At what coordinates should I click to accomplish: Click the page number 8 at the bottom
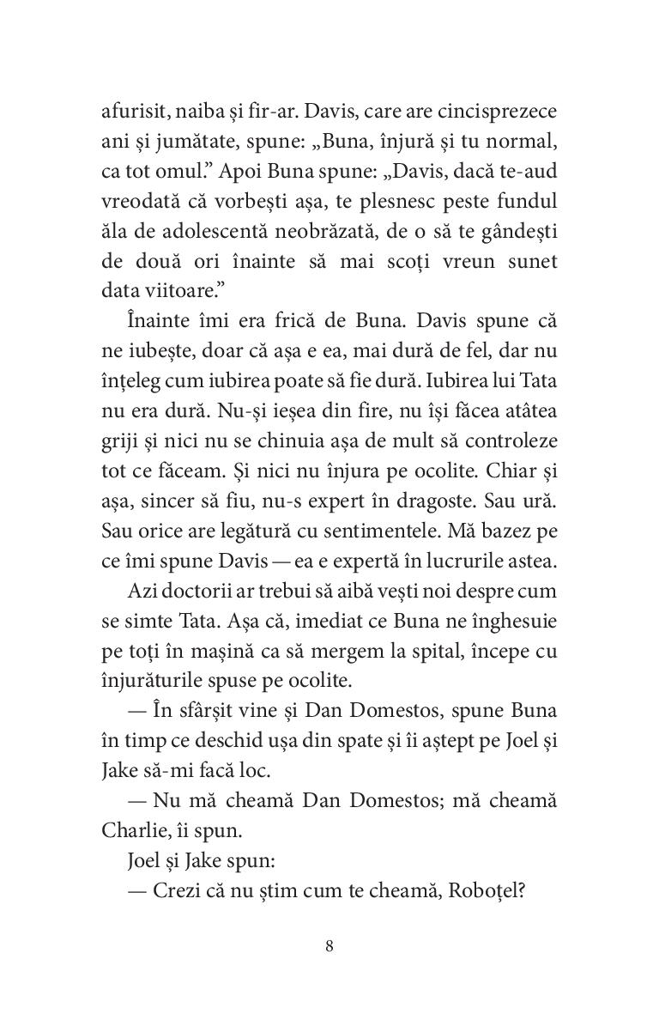[329, 947]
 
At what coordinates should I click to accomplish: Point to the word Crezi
[178, 892]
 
